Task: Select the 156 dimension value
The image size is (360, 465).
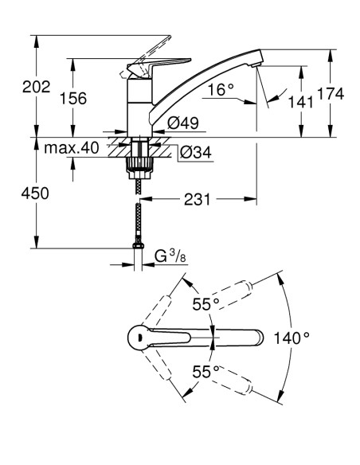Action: click(x=75, y=97)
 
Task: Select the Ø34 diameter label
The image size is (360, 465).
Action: click(x=195, y=152)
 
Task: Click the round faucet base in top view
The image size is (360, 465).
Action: click(x=141, y=338)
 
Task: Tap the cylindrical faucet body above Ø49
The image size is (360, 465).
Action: click(x=139, y=107)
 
